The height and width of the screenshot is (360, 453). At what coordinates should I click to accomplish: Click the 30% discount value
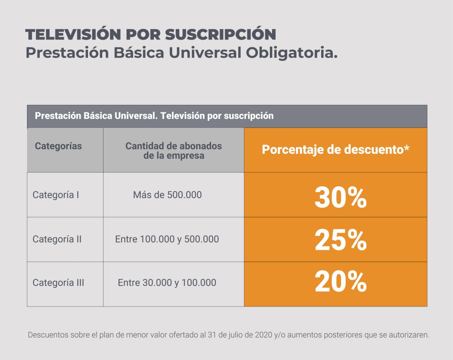[x=340, y=198]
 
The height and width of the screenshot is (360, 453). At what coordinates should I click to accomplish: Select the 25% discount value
[x=340, y=241]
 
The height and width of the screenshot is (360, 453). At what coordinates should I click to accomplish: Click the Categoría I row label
[x=56, y=195]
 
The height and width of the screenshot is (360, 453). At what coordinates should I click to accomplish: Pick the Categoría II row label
[x=57, y=239]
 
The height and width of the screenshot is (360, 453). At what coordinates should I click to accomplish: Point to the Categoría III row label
[x=58, y=283]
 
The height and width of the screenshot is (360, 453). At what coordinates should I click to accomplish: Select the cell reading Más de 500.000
[x=167, y=195]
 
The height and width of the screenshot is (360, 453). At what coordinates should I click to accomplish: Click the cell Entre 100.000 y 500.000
[x=167, y=239]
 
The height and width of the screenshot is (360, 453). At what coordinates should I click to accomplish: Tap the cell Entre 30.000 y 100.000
[x=167, y=283]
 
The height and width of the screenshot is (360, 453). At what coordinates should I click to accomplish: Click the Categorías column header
[x=58, y=146]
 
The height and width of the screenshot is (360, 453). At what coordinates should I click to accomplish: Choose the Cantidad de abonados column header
[x=173, y=150]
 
